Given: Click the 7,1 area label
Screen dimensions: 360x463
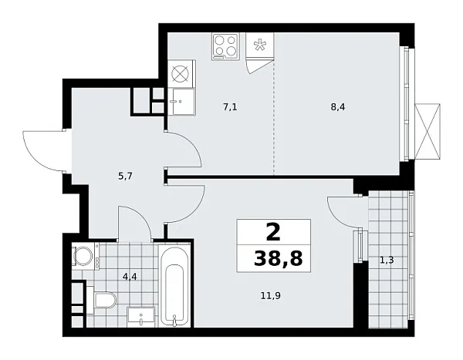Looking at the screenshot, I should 229,107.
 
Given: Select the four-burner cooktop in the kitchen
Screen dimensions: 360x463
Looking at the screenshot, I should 224,45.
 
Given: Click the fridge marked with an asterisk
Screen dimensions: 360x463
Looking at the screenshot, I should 260,45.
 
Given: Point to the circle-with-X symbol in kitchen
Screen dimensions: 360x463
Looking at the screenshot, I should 181,75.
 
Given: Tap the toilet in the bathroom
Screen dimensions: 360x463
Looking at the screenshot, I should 103,300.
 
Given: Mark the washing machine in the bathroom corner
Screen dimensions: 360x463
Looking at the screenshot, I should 82,257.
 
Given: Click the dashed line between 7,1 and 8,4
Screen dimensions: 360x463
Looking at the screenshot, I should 274,116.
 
